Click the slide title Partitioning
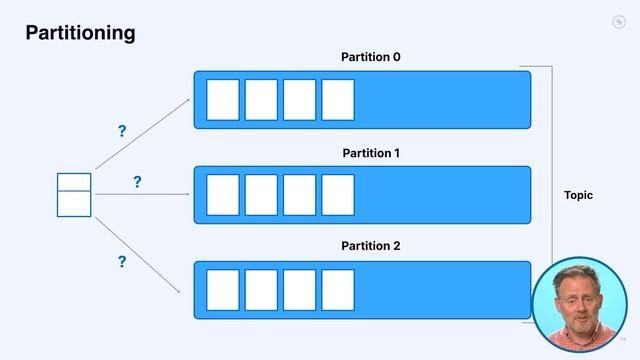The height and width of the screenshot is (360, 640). tap(80, 33)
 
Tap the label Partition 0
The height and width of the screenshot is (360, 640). tap(371, 57)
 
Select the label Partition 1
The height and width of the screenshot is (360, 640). tap(371, 153)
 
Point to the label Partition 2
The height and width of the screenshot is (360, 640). tap(371, 245)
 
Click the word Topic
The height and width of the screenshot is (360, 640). tap(578, 195)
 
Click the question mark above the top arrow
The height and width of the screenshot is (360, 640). tap(122, 132)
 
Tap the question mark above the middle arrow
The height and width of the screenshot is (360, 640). tap(137, 182)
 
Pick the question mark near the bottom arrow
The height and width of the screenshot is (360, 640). tap(122, 262)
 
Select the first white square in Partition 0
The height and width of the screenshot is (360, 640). tap(223, 100)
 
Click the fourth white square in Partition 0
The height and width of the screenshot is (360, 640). tap(338, 100)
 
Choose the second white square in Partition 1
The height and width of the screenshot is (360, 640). tap(261, 195)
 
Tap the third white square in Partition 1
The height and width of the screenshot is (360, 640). tap(300, 195)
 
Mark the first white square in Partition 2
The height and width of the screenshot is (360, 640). tap(223, 290)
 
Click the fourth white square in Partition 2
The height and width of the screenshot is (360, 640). tap(338, 290)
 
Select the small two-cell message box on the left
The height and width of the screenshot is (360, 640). tap(74, 195)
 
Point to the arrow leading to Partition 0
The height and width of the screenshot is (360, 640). tap(142, 132)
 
